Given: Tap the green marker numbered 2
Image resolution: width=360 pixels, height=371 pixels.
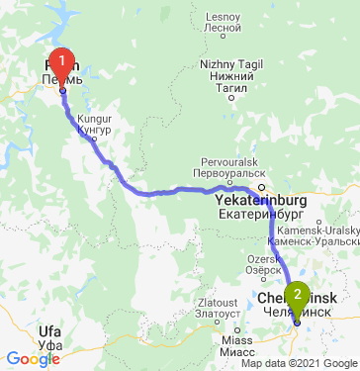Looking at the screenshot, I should [297, 298].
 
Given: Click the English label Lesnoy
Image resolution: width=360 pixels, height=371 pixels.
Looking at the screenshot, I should [216, 18].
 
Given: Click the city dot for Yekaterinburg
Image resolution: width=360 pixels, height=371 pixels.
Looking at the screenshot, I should [262, 188].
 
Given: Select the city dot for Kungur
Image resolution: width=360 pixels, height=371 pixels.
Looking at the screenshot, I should [94, 139].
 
